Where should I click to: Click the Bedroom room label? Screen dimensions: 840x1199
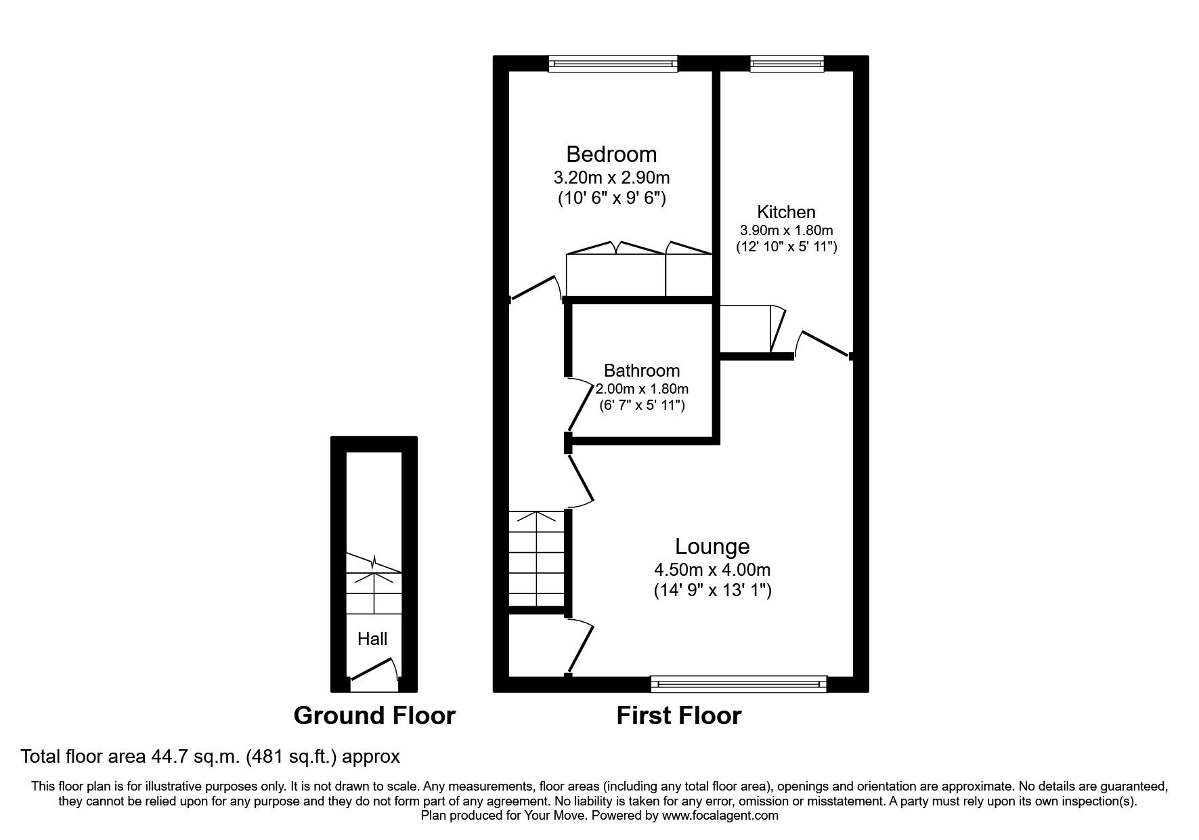(611, 154)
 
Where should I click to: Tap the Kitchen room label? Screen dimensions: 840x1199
(786, 212)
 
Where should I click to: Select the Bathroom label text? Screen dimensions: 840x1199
(641, 371)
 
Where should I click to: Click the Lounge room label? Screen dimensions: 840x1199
(712, 546)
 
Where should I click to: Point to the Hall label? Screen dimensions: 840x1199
(372, 639)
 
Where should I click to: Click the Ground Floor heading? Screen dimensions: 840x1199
(374, 715)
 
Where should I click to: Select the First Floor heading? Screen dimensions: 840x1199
(678, 715)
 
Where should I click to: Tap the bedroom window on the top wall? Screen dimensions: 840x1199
(613, 64)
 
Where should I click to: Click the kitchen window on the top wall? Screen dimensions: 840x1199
(787, 64)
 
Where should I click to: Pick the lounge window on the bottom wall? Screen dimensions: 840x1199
(739, 684)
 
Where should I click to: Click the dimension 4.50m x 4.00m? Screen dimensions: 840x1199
(712, 570)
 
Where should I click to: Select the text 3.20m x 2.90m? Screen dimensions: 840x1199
(611, 177)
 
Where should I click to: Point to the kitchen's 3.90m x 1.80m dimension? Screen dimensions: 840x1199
(786, 230)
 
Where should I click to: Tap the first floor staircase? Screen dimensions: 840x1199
(536, 560)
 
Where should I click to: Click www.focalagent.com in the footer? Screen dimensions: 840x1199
(720, 816)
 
